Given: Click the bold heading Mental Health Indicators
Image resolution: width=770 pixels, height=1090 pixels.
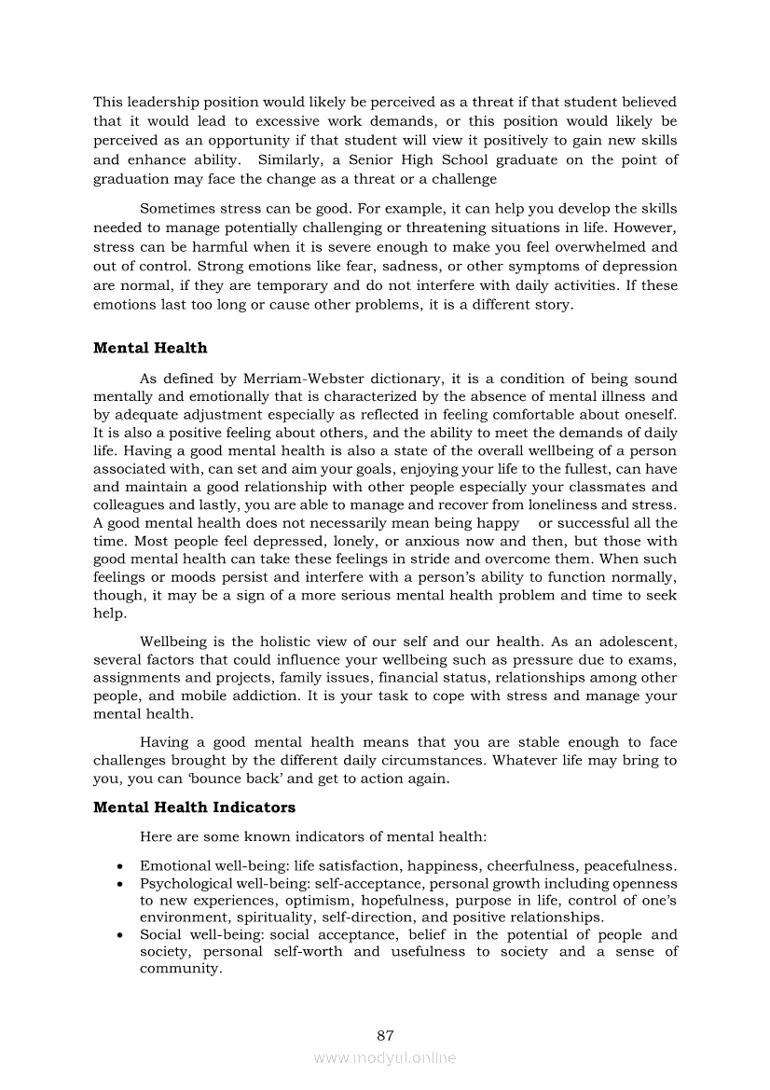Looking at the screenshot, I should [194, 807].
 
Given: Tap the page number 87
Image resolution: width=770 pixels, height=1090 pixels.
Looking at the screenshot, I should [386, 1035].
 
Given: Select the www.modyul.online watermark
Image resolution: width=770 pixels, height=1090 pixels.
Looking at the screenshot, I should [385, 1057].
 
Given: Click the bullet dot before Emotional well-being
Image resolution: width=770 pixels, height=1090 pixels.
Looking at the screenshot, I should [121, 866].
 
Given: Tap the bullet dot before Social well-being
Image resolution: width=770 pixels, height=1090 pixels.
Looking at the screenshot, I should [121, 935].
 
